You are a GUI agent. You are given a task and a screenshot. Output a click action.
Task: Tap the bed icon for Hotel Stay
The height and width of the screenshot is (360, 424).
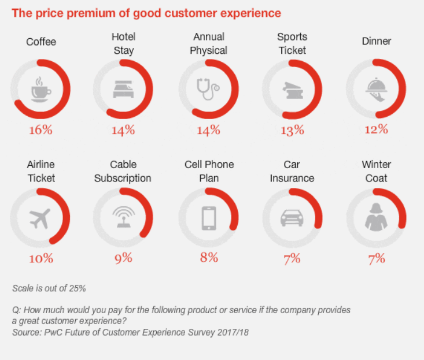tap(123, 90)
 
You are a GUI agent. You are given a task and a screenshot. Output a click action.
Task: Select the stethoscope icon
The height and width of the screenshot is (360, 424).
tap(208, 89)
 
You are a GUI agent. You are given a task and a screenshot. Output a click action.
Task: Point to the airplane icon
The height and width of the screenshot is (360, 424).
tap(39, 218)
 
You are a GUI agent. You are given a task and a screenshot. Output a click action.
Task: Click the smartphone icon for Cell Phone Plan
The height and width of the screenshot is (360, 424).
tap(208, 218)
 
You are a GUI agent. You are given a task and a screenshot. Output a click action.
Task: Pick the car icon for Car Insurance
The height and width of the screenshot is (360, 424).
tap(292, 218)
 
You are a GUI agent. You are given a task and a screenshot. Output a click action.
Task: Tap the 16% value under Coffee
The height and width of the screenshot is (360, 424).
tap(40, 129)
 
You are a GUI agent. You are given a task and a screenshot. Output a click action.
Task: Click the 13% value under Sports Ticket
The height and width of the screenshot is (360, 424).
tap(292, 130)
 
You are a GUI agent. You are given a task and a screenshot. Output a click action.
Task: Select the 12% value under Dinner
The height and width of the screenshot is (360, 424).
tap(376, 129)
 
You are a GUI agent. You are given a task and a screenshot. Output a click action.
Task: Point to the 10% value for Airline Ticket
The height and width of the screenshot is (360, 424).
tap(40, 258)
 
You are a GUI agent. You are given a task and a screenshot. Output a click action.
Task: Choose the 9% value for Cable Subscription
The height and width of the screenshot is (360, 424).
tap(123, 258)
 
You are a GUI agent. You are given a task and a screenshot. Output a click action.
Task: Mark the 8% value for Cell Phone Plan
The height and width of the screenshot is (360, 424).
tap(208, 258)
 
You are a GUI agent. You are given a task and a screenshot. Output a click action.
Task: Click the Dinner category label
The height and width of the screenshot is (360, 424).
tap(376, 41)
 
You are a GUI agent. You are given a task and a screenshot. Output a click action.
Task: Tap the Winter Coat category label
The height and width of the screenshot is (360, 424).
tap(376, 171)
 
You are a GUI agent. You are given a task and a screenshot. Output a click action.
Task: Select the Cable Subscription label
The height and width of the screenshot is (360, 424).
tap(123, 171)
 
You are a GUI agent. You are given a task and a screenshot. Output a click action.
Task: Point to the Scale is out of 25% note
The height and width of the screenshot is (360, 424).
tap(49, 288)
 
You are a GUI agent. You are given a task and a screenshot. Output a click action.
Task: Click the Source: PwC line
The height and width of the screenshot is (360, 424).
tap(130, 332)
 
